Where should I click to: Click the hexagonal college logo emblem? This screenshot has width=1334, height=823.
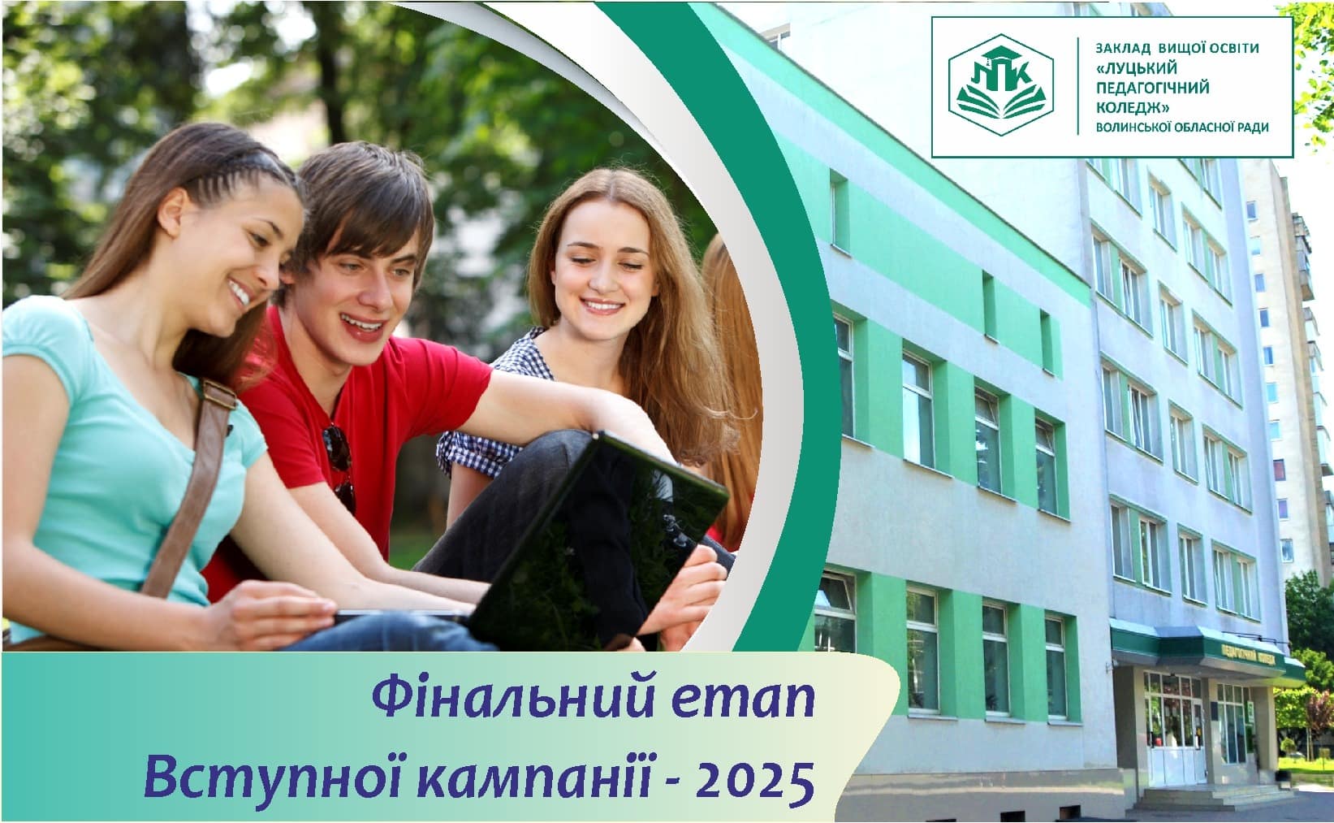click(1004, 87)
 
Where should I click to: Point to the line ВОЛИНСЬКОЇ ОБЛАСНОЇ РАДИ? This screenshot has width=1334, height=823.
click(1181, 127)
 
